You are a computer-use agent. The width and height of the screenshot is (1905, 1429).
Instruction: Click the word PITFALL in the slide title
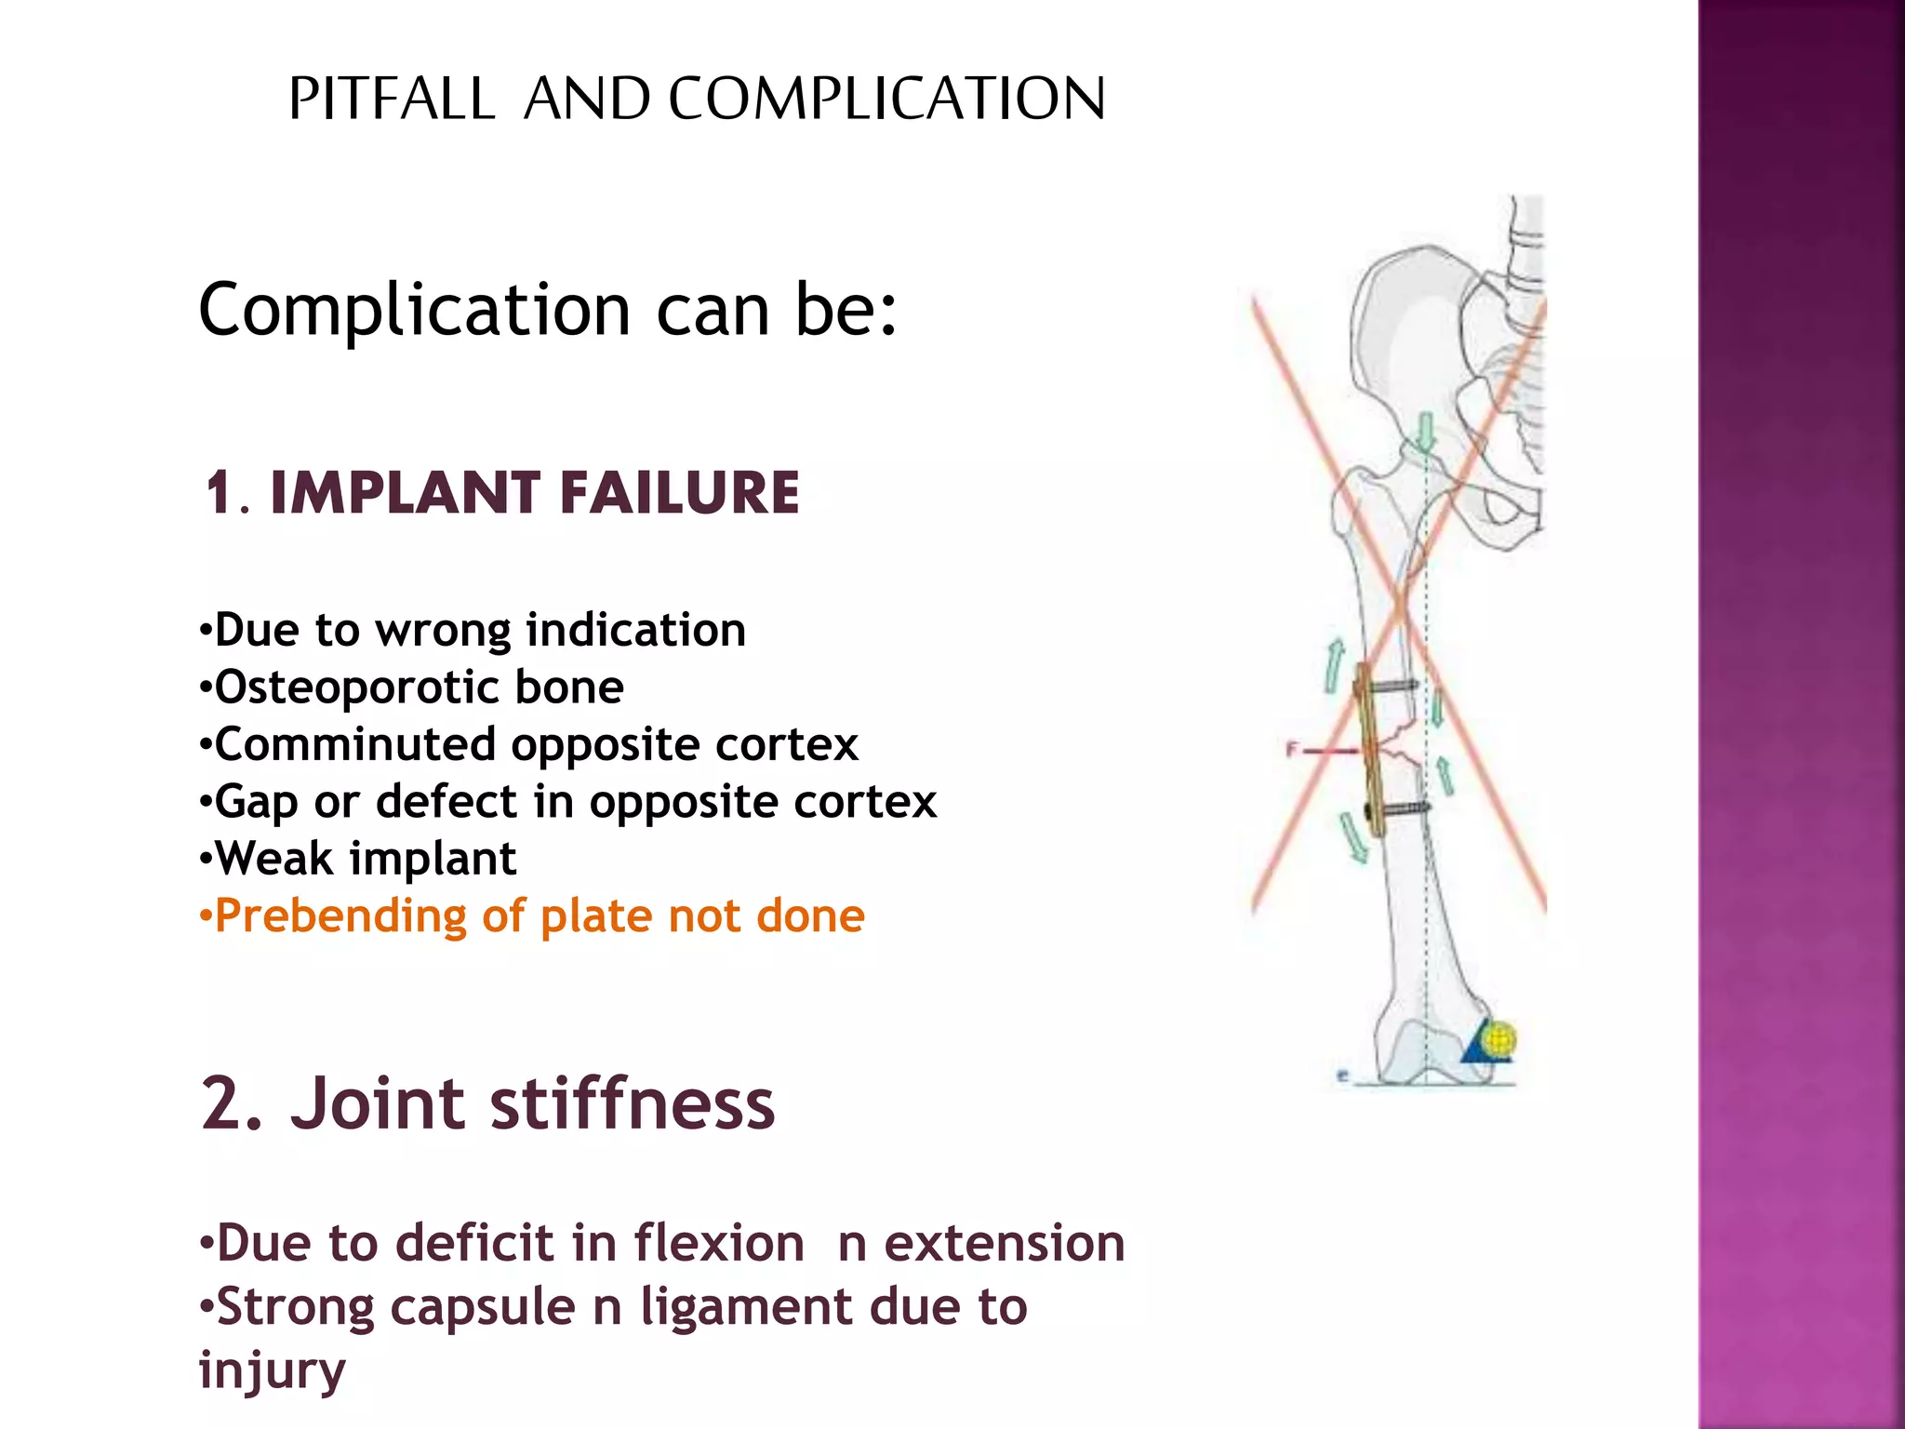coord(392,99)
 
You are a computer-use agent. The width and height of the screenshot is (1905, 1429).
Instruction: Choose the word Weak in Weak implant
coord(273,859)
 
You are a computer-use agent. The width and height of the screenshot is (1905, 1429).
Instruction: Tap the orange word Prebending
coord(340,917)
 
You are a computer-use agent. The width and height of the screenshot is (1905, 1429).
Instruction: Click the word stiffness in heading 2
coord(632,1103)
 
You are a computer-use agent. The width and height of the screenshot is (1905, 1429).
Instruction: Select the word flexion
coord(719,1244)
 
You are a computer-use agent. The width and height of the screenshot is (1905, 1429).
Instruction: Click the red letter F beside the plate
coord(1291,749)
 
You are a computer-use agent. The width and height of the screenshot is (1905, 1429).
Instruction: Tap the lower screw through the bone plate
coord(1401,809)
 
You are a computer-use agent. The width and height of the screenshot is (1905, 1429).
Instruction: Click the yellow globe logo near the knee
coord(1499,1038)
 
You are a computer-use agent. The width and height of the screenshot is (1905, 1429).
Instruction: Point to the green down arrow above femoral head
coord(1425,432)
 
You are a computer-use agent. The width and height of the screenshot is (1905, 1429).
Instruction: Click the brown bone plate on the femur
coord(1367,744)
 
